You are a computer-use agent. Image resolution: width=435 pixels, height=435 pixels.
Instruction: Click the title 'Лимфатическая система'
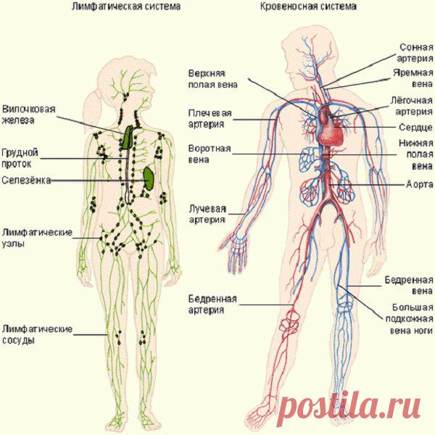click(126, 7)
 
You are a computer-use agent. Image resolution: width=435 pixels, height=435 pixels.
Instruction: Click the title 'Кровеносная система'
click(308, 7)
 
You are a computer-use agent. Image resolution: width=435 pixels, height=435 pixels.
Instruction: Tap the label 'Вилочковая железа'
click(28, 115)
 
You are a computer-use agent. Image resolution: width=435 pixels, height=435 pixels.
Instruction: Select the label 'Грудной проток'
click(20, 158)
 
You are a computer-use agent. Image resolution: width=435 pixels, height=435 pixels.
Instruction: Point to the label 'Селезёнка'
click(26, 181)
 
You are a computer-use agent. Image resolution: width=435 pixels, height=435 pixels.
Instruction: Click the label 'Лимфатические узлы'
click(37, 238)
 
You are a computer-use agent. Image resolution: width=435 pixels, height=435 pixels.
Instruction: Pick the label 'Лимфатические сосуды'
click(37, 334)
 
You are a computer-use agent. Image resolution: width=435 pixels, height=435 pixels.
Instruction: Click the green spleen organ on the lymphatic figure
click(149, 178)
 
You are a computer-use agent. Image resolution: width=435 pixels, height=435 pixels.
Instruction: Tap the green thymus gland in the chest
click(128, 137)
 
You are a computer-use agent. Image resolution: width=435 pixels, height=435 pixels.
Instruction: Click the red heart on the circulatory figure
click(330, 125)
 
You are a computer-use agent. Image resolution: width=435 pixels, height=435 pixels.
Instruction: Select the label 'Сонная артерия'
click(415, 53)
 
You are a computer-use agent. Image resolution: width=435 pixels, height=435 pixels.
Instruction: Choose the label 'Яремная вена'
click(413, 78)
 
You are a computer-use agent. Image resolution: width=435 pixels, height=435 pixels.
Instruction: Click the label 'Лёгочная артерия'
click(412, 106)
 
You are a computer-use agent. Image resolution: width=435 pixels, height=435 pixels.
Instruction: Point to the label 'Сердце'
click(416, 128)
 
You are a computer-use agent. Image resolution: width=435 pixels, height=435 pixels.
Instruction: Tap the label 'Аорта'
click(420, 184)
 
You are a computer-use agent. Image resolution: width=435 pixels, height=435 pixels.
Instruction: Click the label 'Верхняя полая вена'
click(212, 79)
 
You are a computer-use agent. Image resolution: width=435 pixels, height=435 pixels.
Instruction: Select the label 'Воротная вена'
click(210, 154)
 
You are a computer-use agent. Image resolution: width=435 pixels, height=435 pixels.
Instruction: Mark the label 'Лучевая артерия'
click(207, 214)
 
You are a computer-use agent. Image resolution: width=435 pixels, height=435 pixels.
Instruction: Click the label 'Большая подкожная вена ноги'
click(409, 319)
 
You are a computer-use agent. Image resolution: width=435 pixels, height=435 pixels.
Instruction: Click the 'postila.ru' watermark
click(349, 407)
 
